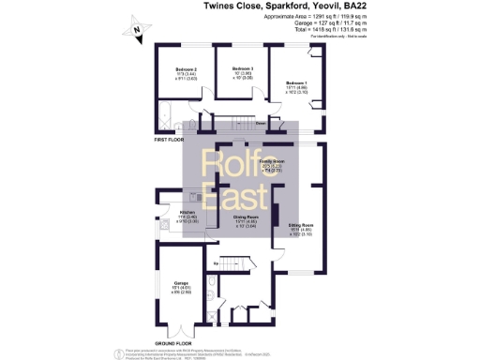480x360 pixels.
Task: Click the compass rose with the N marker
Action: [x=134, y=31]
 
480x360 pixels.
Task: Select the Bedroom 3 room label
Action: [x=243, y=69]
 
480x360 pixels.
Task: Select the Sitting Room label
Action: [x=300, y=226]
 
